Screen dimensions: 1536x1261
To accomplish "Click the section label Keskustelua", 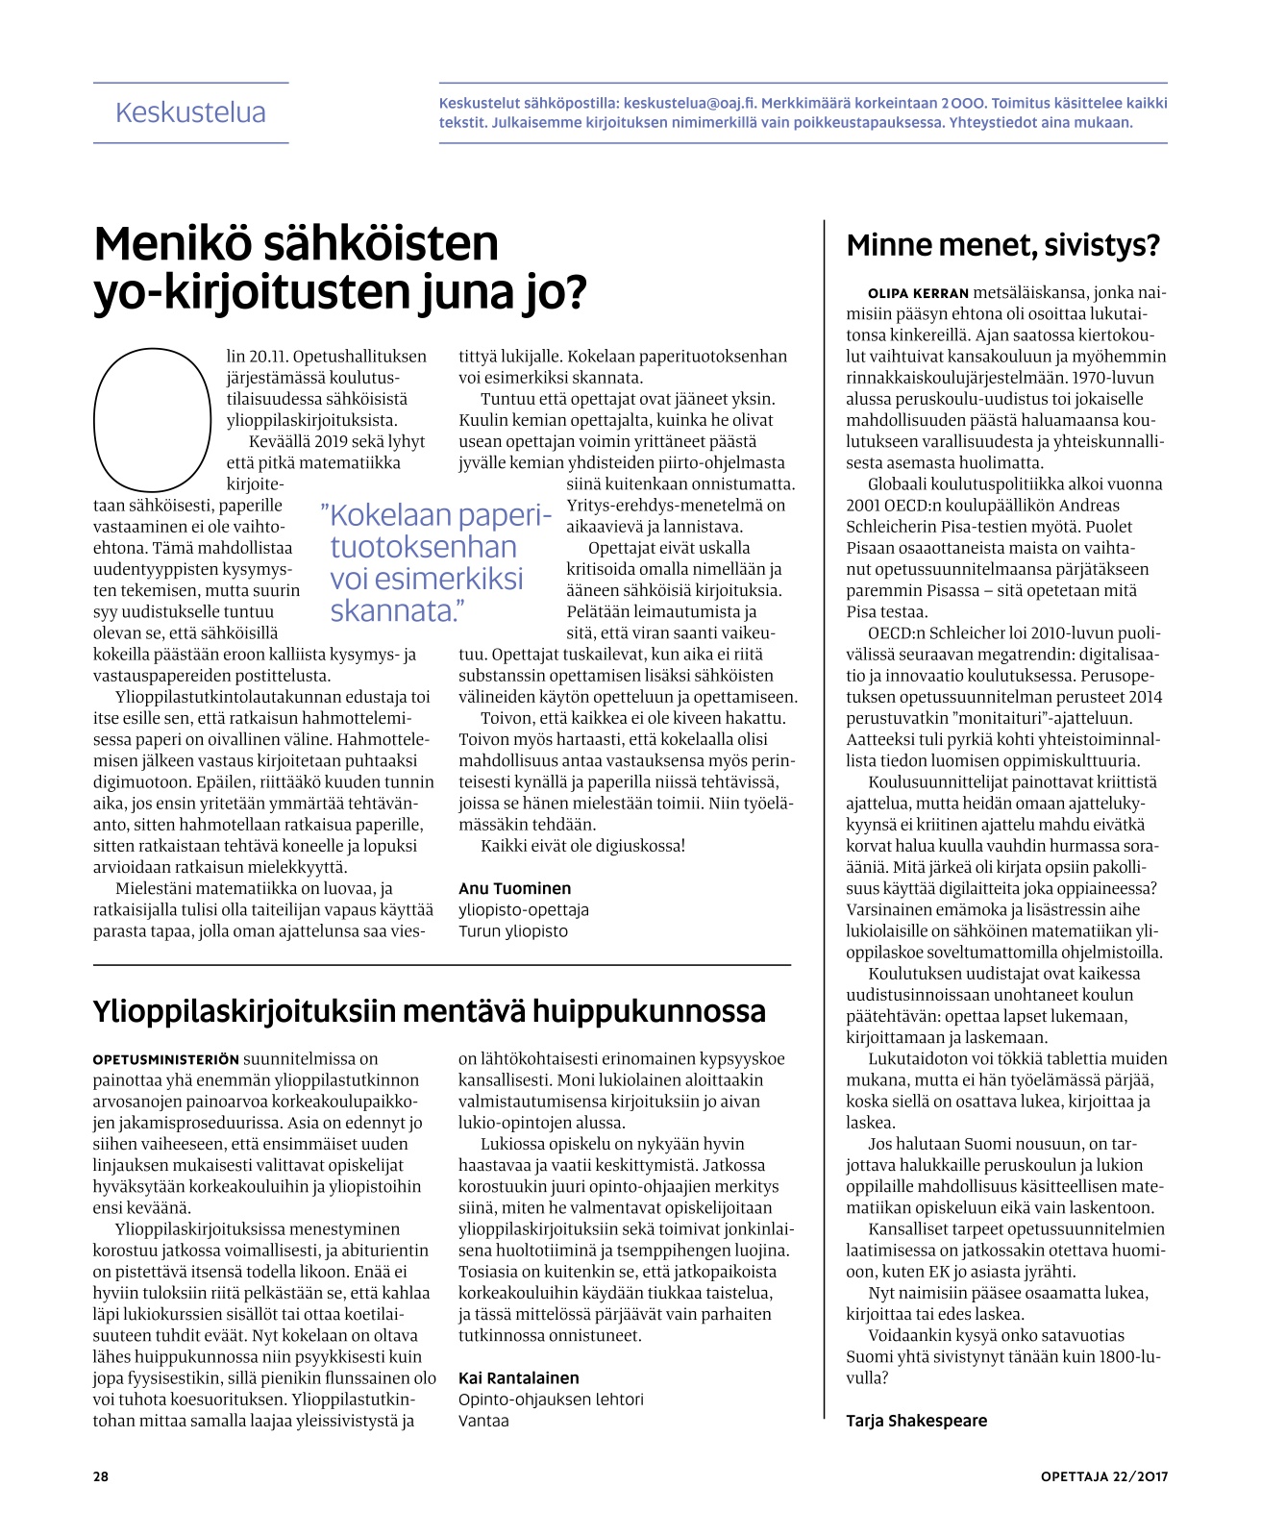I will [x=190, y=112].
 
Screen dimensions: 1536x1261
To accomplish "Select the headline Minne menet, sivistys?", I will [x=1002, y=245].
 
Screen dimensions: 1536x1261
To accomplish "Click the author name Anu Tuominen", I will [x=514, y=888].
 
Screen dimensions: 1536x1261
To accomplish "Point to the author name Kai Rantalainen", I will [x=519, y=1377].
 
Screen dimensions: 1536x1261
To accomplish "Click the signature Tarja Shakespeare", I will [x=916, y=1420].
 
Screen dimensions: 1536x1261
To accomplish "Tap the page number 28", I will [x=101, y=1476].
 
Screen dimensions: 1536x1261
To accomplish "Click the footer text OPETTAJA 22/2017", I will [x=1104, y=1476].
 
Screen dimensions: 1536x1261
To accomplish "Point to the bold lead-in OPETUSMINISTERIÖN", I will [x=165, y=1059].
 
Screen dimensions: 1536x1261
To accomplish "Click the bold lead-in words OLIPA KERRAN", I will [x=917, y=293].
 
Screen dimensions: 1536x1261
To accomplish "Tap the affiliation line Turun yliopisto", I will [x=512, y=930].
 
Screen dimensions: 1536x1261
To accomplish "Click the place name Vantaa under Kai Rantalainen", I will [x=483, y=1420].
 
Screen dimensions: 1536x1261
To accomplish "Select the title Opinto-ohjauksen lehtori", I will [x=551, y=1399].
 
